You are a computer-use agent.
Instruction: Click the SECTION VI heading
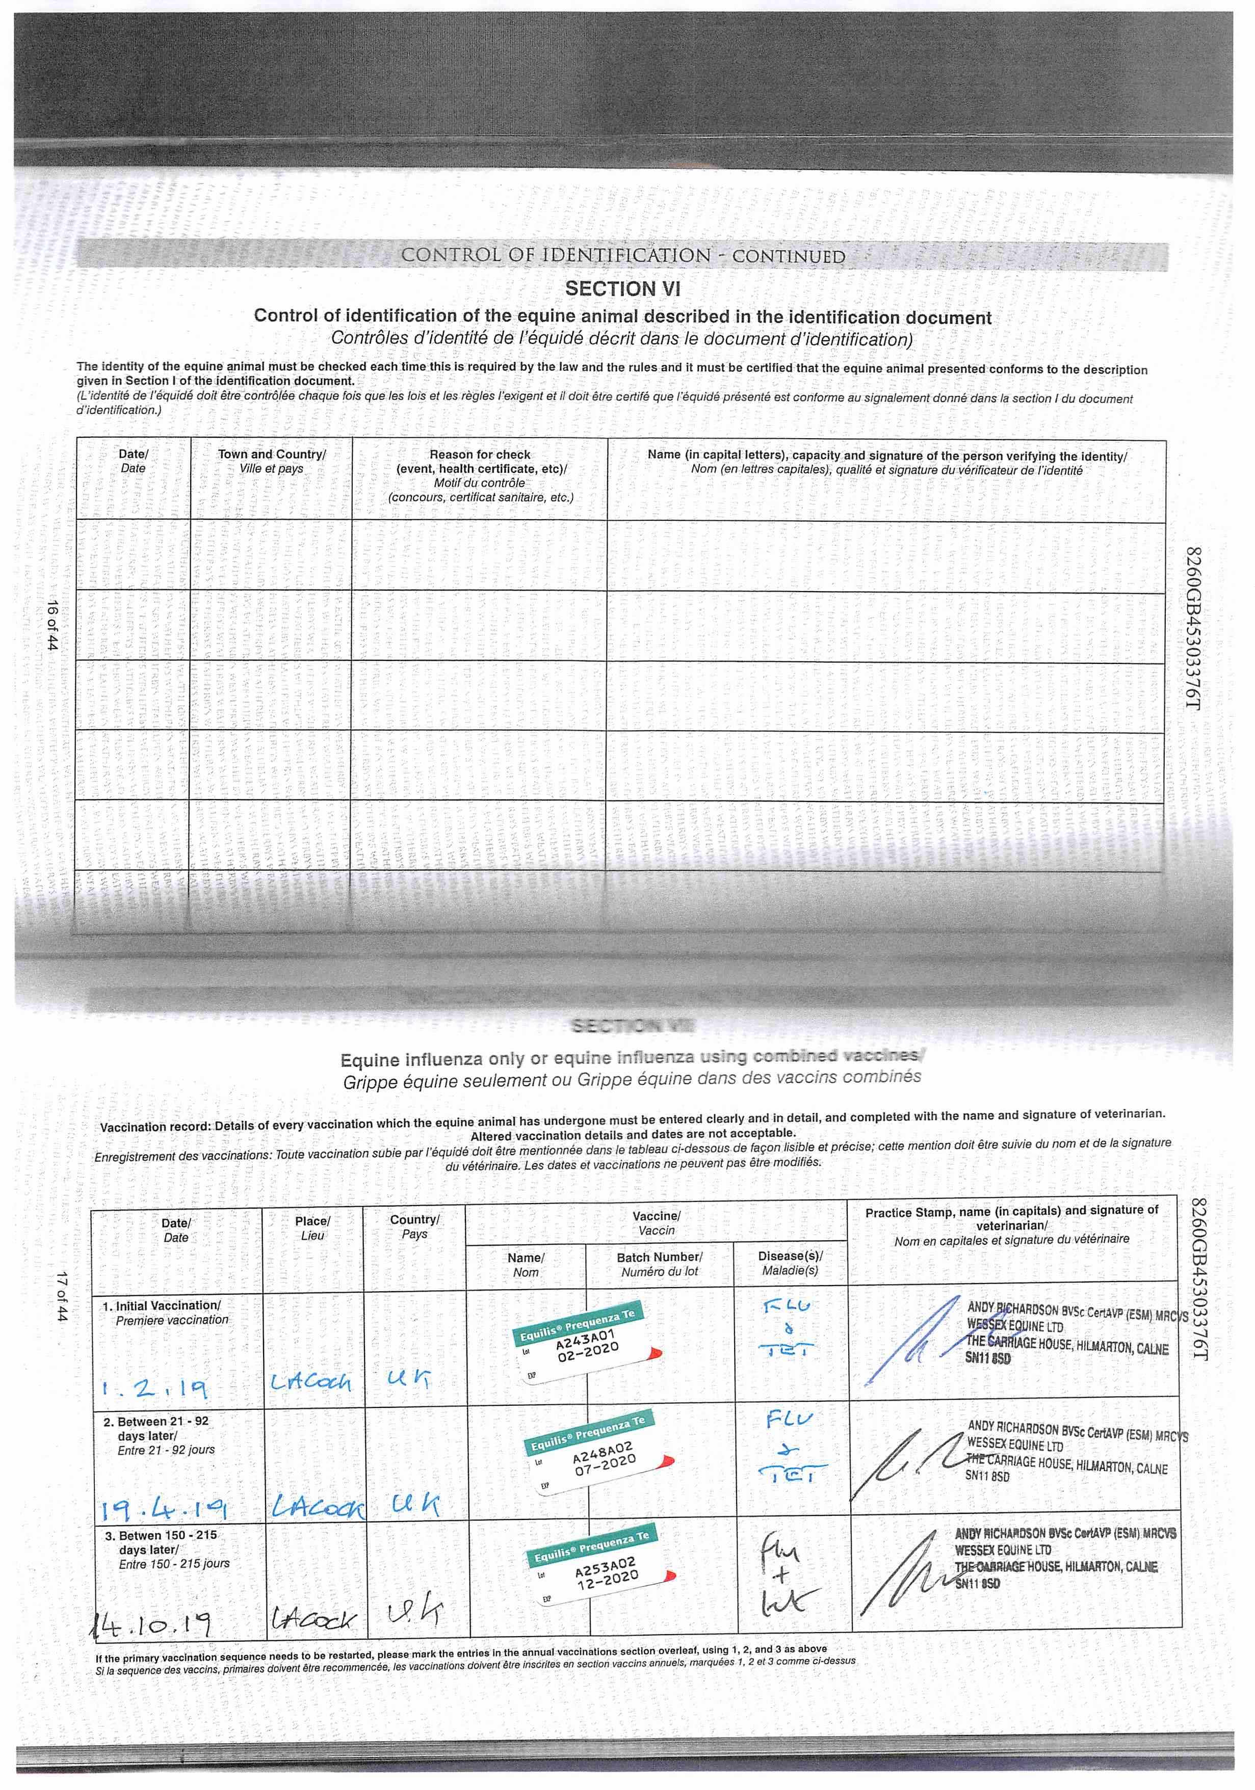(622, 289)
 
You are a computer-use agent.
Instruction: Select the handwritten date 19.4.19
(164, 1510)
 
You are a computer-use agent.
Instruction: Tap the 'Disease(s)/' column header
(790, 1256)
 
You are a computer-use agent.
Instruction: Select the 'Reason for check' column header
(480, 455)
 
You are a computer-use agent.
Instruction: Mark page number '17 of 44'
(62, 1296)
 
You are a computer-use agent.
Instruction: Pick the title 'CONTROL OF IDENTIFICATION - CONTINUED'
(622, 256)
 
